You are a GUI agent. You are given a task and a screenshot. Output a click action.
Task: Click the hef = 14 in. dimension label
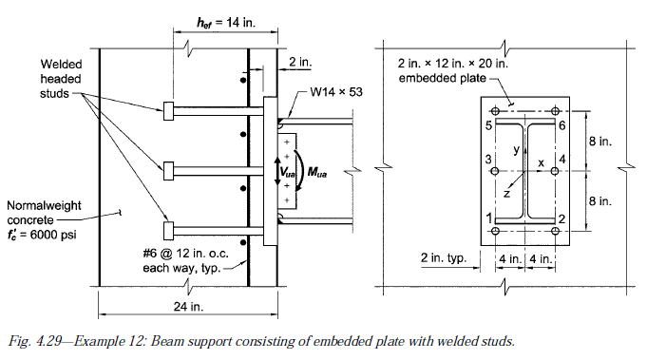click(226, 22)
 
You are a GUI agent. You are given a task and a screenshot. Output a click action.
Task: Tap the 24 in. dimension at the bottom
click(188, 306)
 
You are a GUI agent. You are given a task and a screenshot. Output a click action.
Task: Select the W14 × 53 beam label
click(336, 92)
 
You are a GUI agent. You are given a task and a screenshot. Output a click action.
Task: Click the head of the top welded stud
click(168, 111)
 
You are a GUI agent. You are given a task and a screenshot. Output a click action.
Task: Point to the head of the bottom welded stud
click(168, 231)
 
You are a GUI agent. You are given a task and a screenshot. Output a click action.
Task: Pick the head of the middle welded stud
click(168, 171)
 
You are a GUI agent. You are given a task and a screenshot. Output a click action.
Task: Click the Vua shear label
click(287, 172)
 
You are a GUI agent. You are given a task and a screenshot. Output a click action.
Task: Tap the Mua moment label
click(317, 172)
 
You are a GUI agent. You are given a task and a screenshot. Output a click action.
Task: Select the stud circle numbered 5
click(495, 111)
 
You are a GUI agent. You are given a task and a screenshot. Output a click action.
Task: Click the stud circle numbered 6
click(555, 111)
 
